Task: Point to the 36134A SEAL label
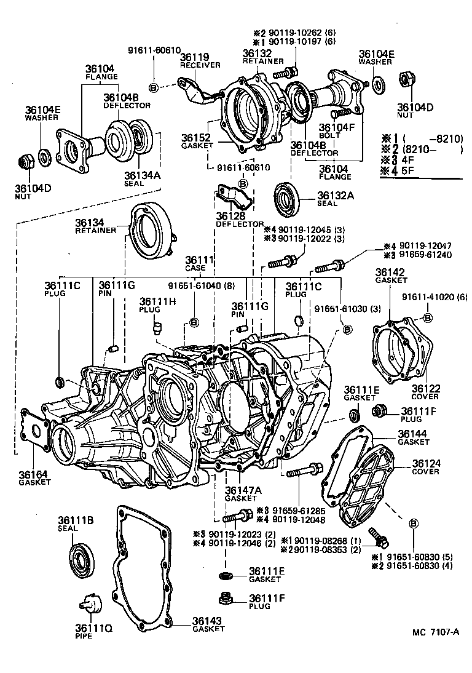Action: pyautogui.click(x=142, y=178)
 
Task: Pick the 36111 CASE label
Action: pyautogui.click(x=199, y=264)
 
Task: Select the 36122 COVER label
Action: pyautogui.click(x=425, y=392)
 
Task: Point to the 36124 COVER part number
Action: pyautogui.click(x=427, y=466)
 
